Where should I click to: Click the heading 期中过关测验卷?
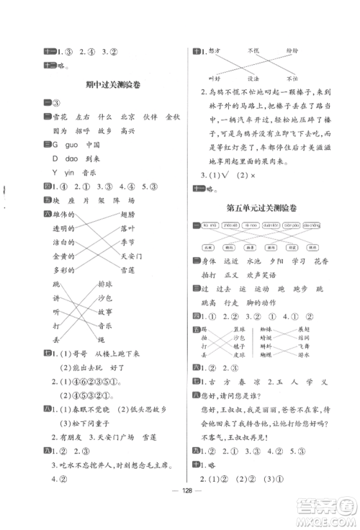[112, 84]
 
